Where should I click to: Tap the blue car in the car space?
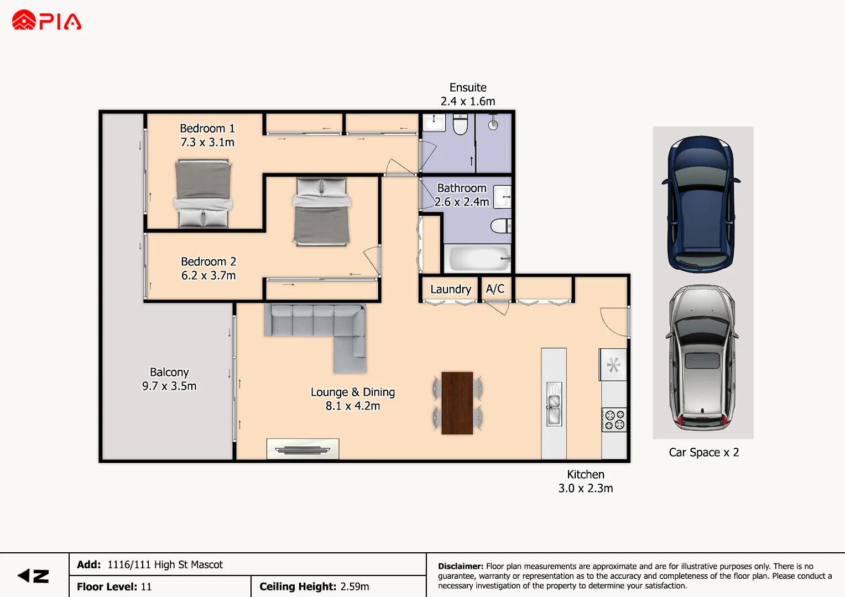[x=701, y=205]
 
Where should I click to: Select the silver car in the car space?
[x=702, y=358]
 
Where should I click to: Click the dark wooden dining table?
[x=457, y=403]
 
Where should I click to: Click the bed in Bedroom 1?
[x=203, y=193]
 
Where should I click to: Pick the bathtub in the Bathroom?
[x=479, y=258]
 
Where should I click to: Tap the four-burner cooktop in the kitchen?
[x=614, y=420]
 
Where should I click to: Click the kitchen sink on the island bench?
[x=554, y=404]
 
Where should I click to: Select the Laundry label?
[x=450, y=289]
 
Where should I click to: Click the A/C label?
[x=495, y=289]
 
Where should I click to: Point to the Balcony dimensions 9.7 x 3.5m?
[x=169, y=386]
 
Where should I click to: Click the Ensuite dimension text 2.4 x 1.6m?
[x=468, y=101]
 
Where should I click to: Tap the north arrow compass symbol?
[x=33, y=576]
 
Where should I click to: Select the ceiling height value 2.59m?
[x=354, y=586]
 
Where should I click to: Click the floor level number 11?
[x=146, y=586]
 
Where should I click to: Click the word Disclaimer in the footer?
[x=460, y=566]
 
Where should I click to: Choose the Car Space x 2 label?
[x=703, y=452]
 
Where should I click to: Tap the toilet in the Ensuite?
[x=460, y=124]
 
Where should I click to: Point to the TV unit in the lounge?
[x=302, y=449]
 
